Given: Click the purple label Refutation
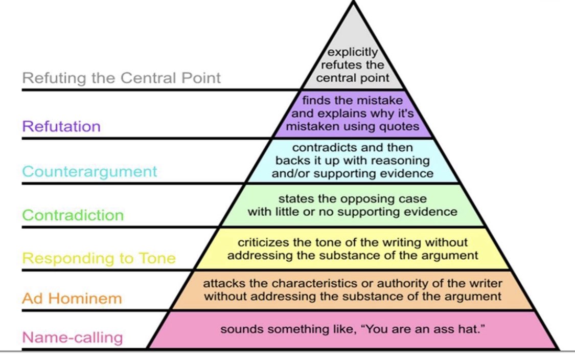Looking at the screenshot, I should (x=61, y=126).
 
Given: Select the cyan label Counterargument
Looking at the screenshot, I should (x=89, y=171).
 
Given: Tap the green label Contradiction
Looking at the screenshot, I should (x=73, y=215).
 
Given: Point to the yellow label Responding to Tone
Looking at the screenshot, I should (x=99, y=258).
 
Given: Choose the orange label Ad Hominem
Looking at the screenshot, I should (x=72, y=298).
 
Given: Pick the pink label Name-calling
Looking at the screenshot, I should (x=72, y=337).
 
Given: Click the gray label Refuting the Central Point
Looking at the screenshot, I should (x=122, y=78).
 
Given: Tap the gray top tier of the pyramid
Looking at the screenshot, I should (x=353, y=41).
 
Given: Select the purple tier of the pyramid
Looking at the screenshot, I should (x=353, y=114).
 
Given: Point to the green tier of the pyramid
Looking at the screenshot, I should (x=353, y=205).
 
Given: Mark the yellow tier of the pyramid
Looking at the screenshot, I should (x=353, y=249).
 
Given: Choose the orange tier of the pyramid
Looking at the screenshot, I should (x=353, y=290).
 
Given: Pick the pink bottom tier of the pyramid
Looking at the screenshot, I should (x=353, y=330).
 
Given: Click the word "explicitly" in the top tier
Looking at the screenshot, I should (x=353, y=52).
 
